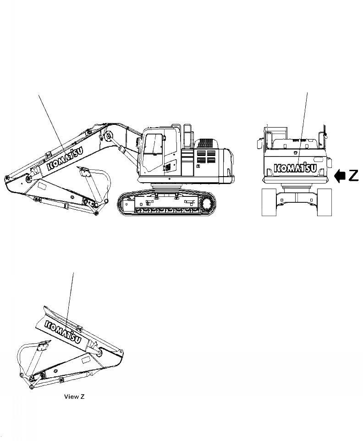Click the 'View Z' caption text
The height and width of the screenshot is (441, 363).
pyautogui.click(x=74, y=396)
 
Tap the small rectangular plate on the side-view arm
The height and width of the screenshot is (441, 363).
pyautogui.click(x=41, y=186)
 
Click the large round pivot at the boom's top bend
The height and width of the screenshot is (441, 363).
pyautogui.click(x=108, y=137)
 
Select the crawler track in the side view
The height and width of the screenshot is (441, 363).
pyautogui.click(x=167, y=204)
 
